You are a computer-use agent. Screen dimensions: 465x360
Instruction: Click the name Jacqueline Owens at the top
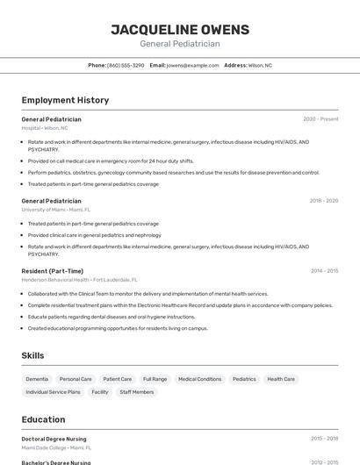(x=180, y=30)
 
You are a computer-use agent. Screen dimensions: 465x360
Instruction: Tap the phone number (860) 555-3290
(x=126, y=66)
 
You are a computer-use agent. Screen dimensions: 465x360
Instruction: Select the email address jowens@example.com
(x=192, y=66)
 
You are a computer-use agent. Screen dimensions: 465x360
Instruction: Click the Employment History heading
(x=65, y=100)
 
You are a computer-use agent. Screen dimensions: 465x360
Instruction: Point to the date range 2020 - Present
(x=320, y=119)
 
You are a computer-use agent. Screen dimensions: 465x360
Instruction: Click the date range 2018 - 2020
(x=323, y=201)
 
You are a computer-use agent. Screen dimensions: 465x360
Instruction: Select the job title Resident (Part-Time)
(x=53, y=271)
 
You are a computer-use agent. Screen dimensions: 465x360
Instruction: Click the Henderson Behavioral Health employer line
(x=79, y=280)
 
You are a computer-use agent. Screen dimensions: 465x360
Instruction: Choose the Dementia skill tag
(x=37, y=379)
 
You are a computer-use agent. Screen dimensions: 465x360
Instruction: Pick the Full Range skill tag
(x=155, y=379)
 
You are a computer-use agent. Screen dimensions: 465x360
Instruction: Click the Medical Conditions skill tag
(x=199, y=379)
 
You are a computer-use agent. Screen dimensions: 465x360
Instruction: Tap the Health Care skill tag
(x=281, y=379)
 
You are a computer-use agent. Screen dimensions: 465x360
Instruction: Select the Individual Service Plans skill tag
(x=53, y=392)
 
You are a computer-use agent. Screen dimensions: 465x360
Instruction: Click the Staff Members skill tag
(x=137, y=392)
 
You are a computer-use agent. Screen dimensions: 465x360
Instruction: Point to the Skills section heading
(x=33, y=355)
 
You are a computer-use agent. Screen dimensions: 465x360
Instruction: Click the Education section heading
(x=43, y=419)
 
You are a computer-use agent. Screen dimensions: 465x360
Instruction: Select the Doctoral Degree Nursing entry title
(x=54, y=438)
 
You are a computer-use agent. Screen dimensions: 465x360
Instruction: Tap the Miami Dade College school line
(x=54, y=447)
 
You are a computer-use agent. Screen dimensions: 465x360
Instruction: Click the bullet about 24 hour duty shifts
(x=110, y=161)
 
